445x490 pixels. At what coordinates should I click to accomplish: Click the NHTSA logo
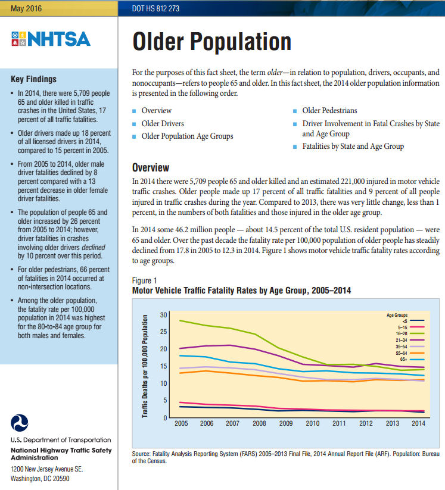[x=51, y=39]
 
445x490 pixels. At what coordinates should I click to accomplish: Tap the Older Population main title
[x=211, y=42]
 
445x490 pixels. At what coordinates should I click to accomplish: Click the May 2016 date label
[x=26, y=8]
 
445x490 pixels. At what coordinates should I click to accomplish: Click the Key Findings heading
[x=34, y=79]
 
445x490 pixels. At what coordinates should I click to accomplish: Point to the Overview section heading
[x=150, y=168]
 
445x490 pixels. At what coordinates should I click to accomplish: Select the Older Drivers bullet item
[x=163, y=124]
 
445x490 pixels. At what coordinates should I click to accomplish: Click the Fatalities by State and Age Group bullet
[x=353, y=146]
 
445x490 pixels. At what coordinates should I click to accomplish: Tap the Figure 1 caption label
[x=145, y=280]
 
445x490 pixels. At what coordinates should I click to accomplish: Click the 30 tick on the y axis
[x=163, y=314]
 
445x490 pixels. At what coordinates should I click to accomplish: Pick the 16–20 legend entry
[x=404, y=333]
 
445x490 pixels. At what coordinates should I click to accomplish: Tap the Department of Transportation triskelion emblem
[x=20, y=423]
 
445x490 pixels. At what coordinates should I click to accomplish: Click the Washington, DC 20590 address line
[x=41, y=478]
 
